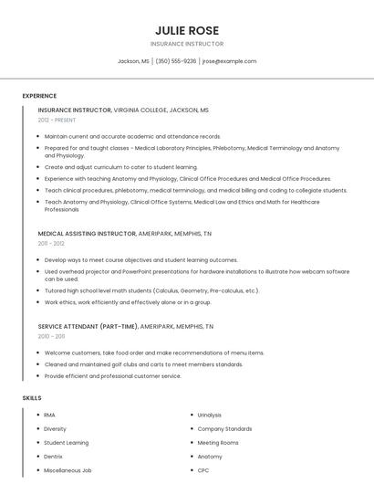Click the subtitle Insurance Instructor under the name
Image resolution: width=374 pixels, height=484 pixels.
[x=187, y=44]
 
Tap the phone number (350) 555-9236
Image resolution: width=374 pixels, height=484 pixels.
[x=176, y=61]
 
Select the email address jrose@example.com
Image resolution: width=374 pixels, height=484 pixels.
[x=229, y=61]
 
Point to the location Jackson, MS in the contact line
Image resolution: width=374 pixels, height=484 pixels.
[x=133, y=61]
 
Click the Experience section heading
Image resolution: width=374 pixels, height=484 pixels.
[x=39, y=96]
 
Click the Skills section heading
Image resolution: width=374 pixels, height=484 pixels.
[x=32, y=398]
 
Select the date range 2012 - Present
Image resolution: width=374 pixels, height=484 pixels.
[x=57, y=120]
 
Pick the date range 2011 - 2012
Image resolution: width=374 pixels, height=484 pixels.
[x=51, y=244]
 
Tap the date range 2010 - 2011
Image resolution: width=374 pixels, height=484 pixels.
[x=51, y=336]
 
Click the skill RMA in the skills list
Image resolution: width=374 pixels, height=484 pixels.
[x=49, y=415]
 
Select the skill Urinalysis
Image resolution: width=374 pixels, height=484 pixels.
[x=209, y=415]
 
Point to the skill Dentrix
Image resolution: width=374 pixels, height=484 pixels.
[x=53, y=457]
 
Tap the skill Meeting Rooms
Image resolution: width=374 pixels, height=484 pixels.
[x=217, y=443]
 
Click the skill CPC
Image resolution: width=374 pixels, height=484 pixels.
[x=203, y=470]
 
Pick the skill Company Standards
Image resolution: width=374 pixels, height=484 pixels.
[x=224, y=428]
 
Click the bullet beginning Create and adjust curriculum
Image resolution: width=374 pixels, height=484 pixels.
[x=120, y=167]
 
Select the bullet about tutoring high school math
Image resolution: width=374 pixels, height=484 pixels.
[x=151, y=291]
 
